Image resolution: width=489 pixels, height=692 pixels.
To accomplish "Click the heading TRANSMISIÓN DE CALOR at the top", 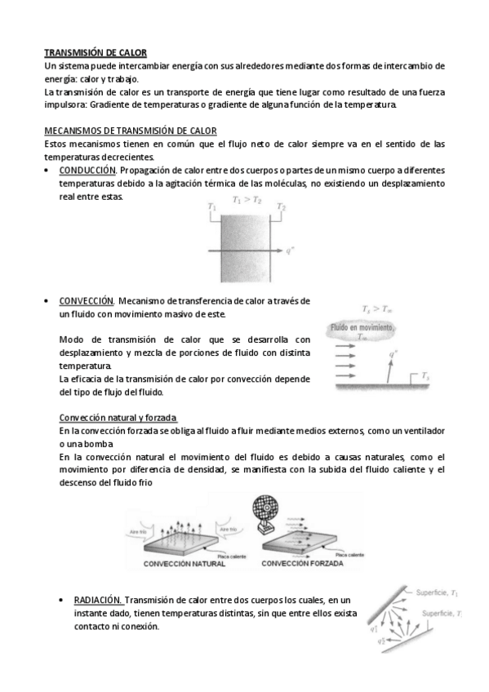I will pyautogui.click(x=95, y=51).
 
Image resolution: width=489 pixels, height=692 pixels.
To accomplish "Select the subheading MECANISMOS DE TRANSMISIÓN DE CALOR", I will pyautogui.click(x=130, y=131).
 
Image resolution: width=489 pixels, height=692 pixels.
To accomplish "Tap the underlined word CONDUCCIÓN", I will pyautogui.click(x=88, y=170).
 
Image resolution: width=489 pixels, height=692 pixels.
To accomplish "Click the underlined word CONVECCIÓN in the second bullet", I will pyautogui.click(x=87, y=301).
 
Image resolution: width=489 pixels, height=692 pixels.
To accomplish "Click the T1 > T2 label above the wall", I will pyautogui.click(x=246, y=199).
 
